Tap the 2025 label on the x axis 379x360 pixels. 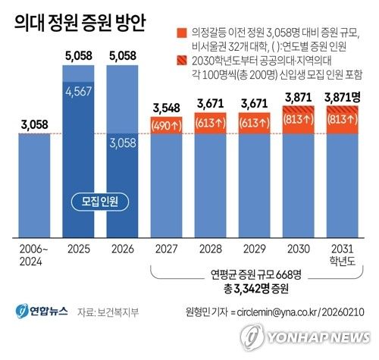click(80, 248)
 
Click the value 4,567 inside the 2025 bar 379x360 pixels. click(80, 90)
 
